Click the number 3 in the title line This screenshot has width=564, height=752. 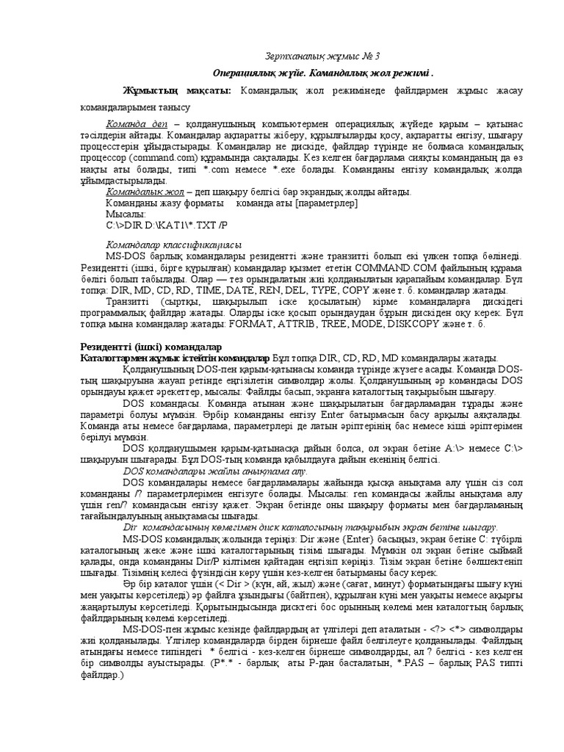[377, 57]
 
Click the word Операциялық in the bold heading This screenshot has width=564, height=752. [247, 74]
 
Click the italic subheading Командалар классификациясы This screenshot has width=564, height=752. [174, 245]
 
